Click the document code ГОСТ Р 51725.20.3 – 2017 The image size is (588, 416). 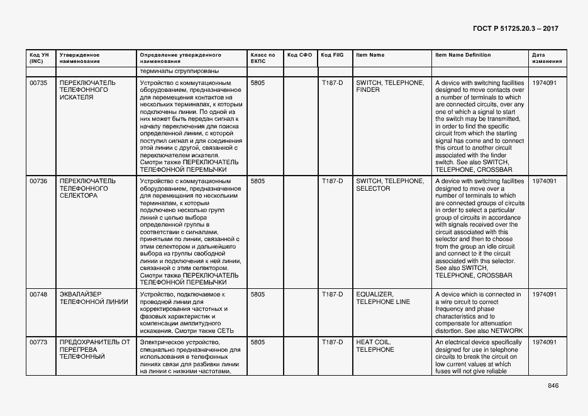[x=514, y=29]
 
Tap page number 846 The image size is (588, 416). [x=553, y=386]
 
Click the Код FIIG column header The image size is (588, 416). [x=332, y=55]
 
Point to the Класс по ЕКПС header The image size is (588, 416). [x=262, y=59]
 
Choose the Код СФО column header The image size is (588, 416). [x=299, y=55]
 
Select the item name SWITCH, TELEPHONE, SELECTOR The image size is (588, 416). [x=390, y=185]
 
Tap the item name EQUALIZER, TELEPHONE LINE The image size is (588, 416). [x=383, y=298]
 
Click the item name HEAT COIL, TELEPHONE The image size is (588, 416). [x=375, y=346]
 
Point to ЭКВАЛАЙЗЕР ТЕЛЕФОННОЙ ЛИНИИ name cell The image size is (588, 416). [x=93, y=298]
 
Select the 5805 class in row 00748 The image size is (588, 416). [x=257, y=295]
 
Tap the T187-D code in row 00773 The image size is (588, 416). [x=332, y=342]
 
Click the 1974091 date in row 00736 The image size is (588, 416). [x=544, y=181]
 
